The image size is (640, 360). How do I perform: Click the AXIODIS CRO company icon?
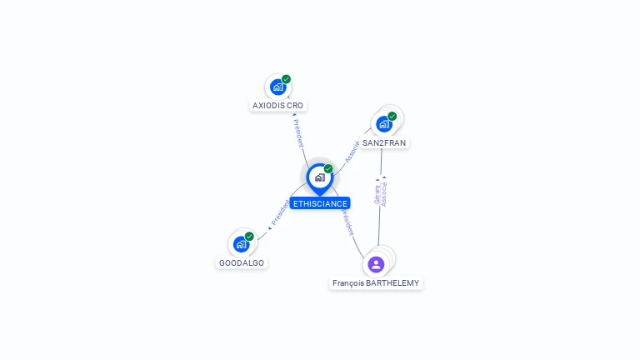pos(277,87)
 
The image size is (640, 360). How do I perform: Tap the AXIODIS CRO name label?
pos(278,106)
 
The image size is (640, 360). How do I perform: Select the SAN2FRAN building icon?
pos(383,124)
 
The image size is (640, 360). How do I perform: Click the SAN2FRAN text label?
pos(384,143)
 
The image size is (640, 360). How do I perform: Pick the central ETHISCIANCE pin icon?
pos(319,177)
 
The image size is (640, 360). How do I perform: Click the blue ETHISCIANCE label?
pos(320,203)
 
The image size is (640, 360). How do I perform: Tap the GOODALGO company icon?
pos(241,244)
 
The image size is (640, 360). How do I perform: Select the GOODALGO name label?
pos(242,263)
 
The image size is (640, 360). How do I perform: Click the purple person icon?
pos(376,264)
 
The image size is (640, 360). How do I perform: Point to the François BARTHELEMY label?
pos(376,283)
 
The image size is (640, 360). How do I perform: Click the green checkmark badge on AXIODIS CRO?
pos(286,79)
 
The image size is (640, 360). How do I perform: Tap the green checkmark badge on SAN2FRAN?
pos(392,117)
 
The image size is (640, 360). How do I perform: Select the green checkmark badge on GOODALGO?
pos(249,237)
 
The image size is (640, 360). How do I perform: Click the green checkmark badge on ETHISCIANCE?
pos(328,169)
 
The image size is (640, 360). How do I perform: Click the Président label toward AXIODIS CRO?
pos(297,132)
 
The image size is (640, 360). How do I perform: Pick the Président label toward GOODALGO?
pos(280,212)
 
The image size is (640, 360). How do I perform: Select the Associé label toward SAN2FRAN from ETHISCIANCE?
pos(352,150)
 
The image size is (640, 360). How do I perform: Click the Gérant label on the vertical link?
pos(377,193)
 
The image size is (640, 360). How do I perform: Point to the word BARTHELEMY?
pos(392,283)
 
